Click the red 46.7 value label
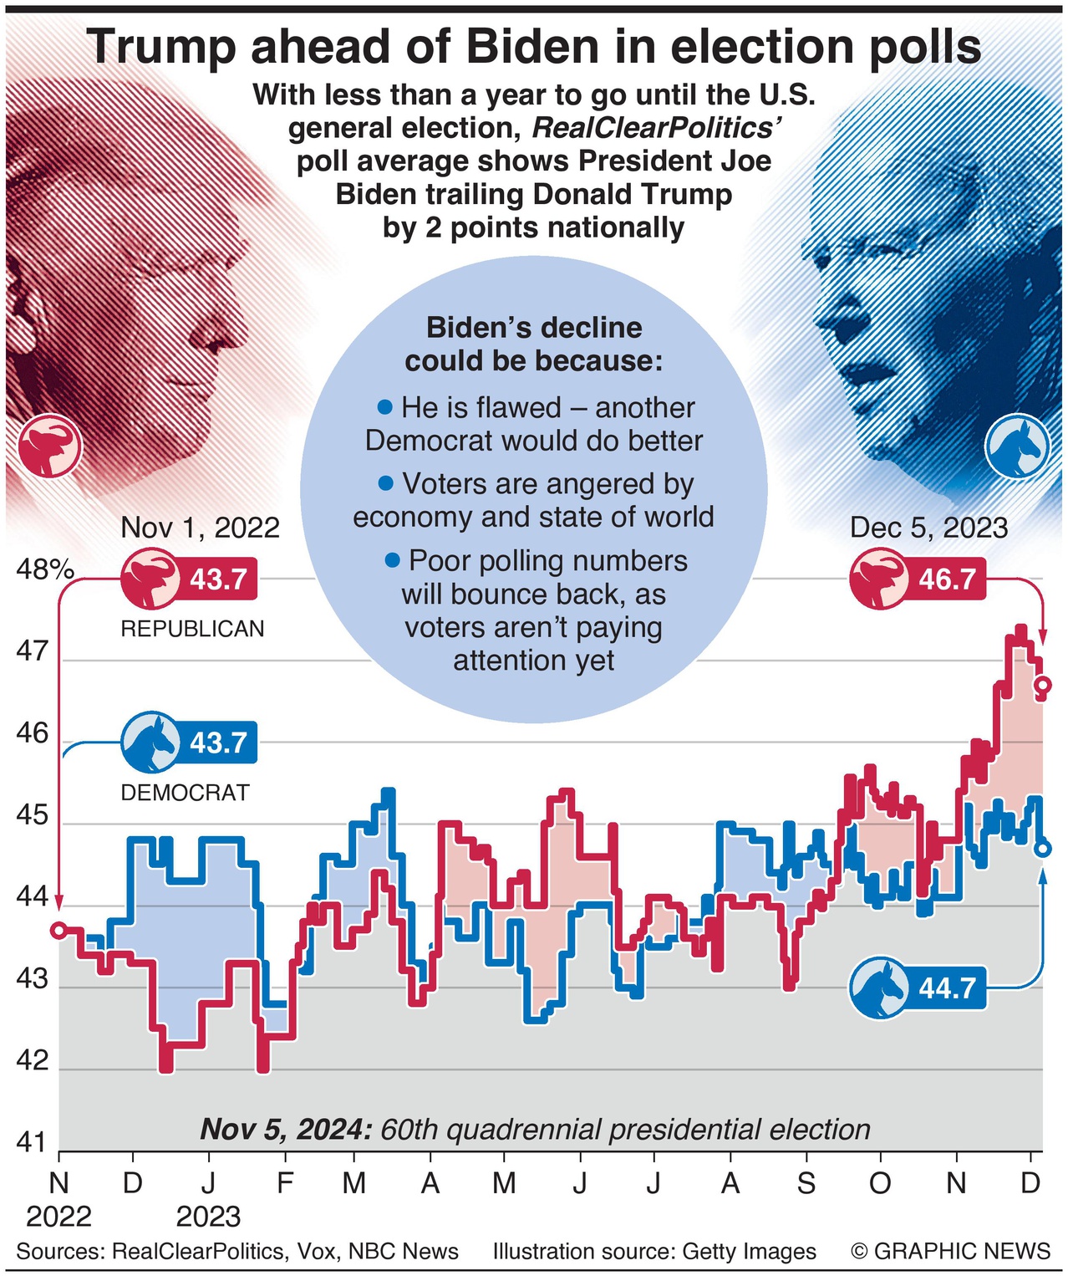946,579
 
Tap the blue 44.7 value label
946,988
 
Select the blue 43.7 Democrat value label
217,743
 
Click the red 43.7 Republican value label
217,579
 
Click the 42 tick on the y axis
33,1061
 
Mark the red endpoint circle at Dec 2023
1043,686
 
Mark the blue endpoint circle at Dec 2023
1043,849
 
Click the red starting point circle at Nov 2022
58,930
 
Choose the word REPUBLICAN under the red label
192,629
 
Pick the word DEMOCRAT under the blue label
186,793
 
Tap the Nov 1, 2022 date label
200,528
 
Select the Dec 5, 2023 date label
928,528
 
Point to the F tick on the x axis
285,1183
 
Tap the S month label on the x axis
806,1183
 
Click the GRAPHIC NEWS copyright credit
950,1251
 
